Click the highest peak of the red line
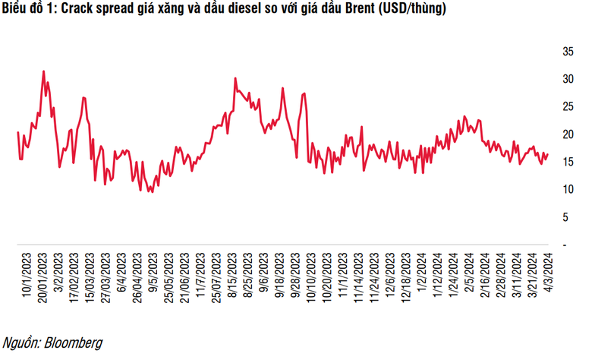[x=43, y=71]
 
